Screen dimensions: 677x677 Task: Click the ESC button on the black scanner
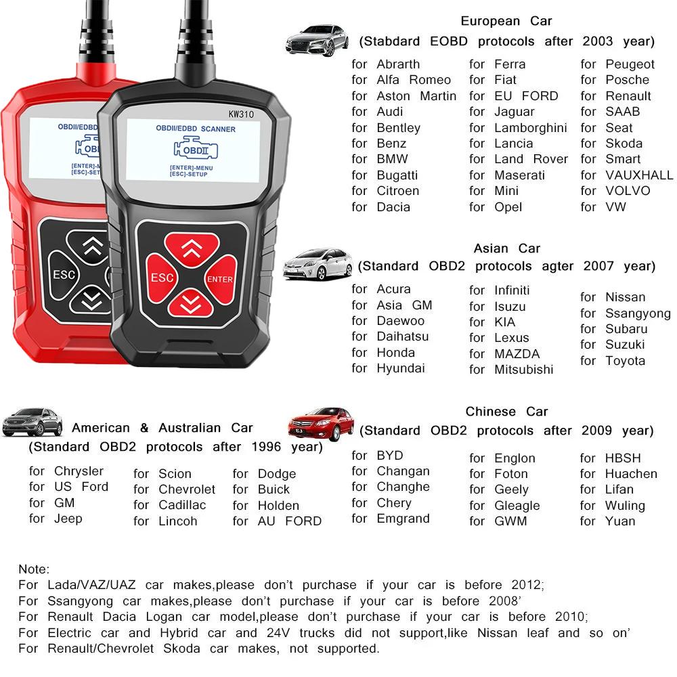[x=162, y=278]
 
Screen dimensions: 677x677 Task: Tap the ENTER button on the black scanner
[x=220, y=279]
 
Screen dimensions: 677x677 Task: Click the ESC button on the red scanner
[x=64, y=275]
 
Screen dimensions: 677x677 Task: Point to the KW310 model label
[x=240, y=114]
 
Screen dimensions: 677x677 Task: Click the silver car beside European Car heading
[x=317, y=40]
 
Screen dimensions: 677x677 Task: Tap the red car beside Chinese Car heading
[x=321, y=424]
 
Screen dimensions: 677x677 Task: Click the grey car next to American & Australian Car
[x=32, y=422]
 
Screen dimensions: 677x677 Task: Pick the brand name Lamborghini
[x=530, y=128]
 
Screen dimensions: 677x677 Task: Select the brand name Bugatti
[x=397, y=175]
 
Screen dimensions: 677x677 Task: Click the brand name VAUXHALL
[x=639, y=175]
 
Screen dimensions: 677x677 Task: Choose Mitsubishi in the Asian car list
[x=523, y=370]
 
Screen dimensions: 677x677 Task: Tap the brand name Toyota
[x=625, y=361]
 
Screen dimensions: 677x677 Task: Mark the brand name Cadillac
[x=182, y=505]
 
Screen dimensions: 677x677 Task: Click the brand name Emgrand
[x=403, y=519]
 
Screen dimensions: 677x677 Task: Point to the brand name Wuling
[x=625, y=506]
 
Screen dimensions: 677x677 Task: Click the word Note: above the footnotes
[x=34, y=569]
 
